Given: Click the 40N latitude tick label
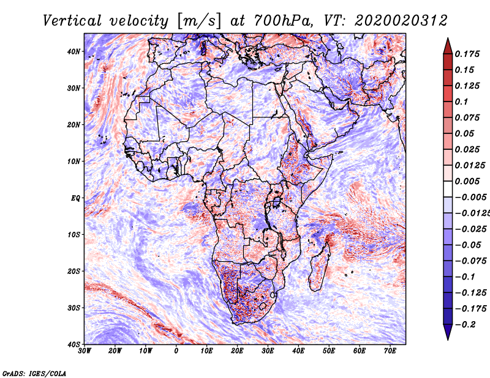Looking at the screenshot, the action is tap(73, 51).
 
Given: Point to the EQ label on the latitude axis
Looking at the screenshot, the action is tap(75, 198).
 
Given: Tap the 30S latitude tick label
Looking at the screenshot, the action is tap(73, 308).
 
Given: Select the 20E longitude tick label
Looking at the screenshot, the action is tap(237, 351).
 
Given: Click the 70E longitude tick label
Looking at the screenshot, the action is tap(390, 351).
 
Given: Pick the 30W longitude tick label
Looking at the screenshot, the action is tap(85, 351).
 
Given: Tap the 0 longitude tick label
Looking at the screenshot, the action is tap(176, 351).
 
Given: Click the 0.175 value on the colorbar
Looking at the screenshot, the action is tap(467, 54).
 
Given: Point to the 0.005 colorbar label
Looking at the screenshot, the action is tap(467, 181).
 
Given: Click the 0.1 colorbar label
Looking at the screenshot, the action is tap(462, 102).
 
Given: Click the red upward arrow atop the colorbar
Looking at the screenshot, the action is tap(448, 46).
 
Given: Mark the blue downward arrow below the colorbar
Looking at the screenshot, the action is tap(448, 332).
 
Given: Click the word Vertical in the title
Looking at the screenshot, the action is tap(72, 21).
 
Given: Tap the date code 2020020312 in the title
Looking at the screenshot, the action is tap(401, 21).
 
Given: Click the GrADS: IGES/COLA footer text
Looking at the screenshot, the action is tap(34, 373).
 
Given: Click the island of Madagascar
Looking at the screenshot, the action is tap(319, 269).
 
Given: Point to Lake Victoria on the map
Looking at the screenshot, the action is tap(276, 202).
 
